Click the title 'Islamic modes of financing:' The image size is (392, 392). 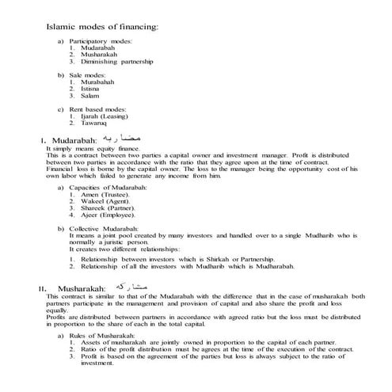click(103, 26)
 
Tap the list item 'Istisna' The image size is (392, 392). click(91, 89)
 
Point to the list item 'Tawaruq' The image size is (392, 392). click(93, 123)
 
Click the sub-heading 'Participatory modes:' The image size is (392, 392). click(101, 40)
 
